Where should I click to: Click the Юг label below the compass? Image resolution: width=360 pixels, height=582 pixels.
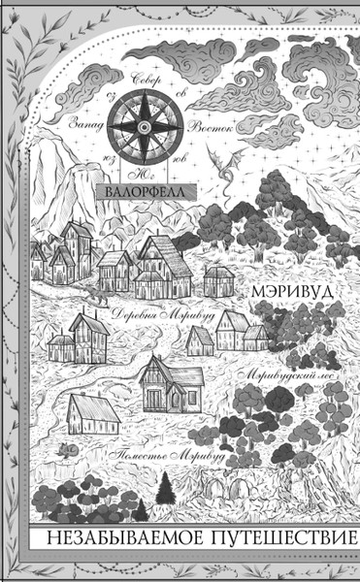(143, 176)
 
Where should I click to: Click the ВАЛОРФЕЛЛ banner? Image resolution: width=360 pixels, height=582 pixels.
(148, 191)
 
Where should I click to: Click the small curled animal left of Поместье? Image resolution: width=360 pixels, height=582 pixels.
(66, 450)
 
